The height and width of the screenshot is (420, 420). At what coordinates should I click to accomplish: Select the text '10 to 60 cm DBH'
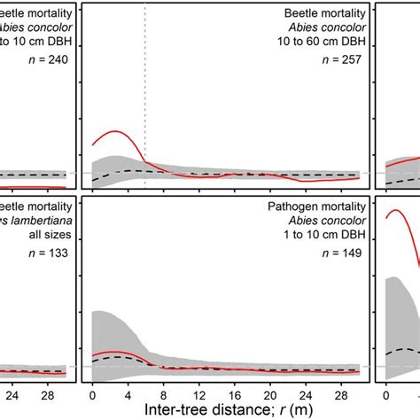tap(317, 45)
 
